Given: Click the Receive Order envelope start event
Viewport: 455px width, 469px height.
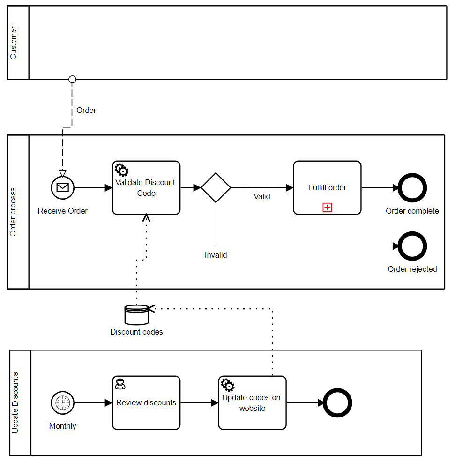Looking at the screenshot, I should pos(63,188).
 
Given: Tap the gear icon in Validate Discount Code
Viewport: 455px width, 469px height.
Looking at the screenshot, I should pos(121,170).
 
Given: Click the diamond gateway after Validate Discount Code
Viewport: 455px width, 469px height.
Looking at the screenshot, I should pos(216,188).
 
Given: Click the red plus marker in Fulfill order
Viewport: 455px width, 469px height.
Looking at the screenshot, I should pos(327,207).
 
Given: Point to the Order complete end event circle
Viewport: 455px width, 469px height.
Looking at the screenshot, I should pos(412,188).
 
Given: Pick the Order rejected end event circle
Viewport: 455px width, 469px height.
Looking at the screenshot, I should pos(412,246).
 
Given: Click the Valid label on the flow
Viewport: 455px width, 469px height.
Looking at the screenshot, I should pos(262,197).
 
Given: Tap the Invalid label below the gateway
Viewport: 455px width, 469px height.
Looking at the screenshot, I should pos(216,255).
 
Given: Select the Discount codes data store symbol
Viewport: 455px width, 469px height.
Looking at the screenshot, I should pos(136,315).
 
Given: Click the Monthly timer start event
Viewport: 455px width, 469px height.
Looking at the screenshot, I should pos(63,402).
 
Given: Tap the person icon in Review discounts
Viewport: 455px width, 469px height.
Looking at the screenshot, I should pos(120,384).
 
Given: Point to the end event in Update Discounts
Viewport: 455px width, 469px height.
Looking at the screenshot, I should pos(337,402).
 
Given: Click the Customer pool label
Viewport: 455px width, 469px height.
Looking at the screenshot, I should pos(13,43).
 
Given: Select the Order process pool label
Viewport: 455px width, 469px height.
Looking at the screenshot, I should pos(13,212).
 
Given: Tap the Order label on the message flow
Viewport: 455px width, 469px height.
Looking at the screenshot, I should pos(86,111).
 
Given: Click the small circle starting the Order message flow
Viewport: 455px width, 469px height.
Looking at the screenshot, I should pos(72,79).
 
